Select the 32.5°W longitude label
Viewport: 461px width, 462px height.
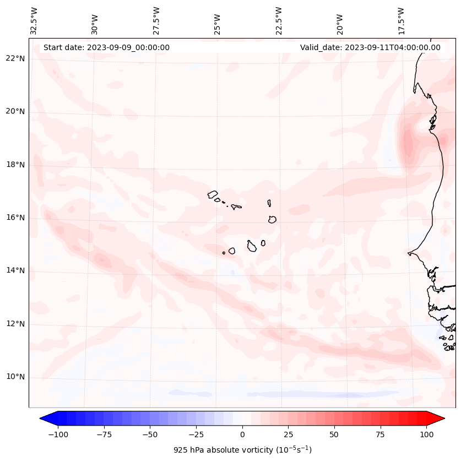35,20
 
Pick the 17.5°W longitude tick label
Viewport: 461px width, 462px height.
401,20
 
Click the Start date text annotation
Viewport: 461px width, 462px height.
106,47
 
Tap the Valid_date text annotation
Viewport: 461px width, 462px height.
370,47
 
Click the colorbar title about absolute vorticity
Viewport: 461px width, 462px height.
242,450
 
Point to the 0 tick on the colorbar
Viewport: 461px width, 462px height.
242,434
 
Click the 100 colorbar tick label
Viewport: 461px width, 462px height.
427,434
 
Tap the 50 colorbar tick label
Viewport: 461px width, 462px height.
334,434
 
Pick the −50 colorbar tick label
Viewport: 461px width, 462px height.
149,434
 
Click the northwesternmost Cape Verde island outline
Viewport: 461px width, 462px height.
213,194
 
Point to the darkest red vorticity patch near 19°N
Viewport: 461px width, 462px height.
408,144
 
